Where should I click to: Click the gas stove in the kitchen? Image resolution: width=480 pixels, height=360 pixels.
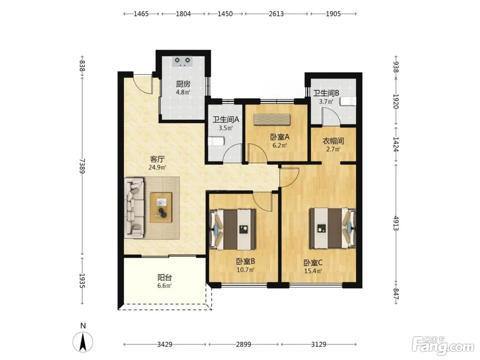tap(182, 61)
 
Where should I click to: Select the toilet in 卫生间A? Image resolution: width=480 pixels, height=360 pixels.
tap(216, 141)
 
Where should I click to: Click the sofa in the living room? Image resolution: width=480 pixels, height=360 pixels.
tap(134, 207)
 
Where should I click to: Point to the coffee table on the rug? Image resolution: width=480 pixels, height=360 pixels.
tap(161, 207)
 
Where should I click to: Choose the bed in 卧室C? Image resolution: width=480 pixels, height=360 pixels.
tap(332, 228)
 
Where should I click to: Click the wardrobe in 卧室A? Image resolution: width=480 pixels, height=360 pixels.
tap(272, 119)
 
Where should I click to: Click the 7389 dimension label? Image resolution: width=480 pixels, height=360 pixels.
tap(82, 166)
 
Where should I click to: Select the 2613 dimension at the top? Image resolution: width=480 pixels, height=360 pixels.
tap(276, 14)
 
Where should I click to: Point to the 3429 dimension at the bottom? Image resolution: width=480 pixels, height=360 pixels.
tap(165, 345)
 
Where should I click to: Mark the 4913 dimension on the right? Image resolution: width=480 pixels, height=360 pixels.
tap(396, 223)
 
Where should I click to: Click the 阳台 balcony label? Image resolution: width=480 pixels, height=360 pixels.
tap(165, 278)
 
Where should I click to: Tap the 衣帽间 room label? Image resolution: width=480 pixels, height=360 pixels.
tap(333, 141)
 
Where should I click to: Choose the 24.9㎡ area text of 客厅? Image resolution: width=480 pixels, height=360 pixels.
tap(157, 167)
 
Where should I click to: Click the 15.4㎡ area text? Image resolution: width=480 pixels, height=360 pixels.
tap(313, 271)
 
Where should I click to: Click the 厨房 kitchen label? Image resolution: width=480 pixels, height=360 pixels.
tap(183, 84)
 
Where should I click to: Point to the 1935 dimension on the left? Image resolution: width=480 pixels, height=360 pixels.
tap(82, 281)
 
